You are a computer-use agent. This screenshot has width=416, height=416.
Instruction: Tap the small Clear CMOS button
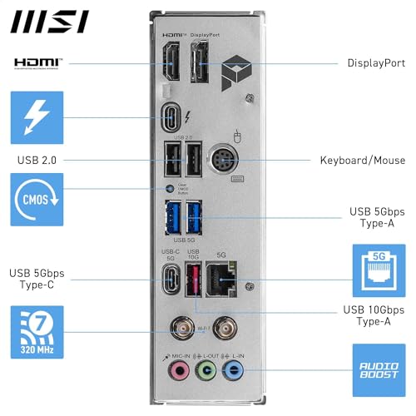coord(171,189)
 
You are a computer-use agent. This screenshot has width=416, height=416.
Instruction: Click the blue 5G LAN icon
coord(379,270)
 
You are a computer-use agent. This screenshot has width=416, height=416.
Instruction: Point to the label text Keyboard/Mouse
coord(362,160)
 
